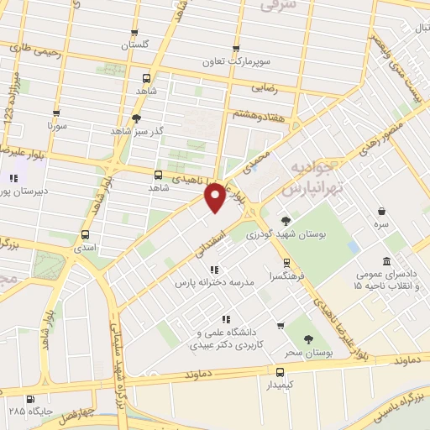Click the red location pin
215,197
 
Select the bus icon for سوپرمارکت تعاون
236,49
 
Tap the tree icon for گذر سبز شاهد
136,118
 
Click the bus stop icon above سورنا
56,113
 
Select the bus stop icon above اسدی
85,234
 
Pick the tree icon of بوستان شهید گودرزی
286,221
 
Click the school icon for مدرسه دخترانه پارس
213,270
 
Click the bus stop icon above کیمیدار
281,370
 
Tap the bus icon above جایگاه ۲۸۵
31,399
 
